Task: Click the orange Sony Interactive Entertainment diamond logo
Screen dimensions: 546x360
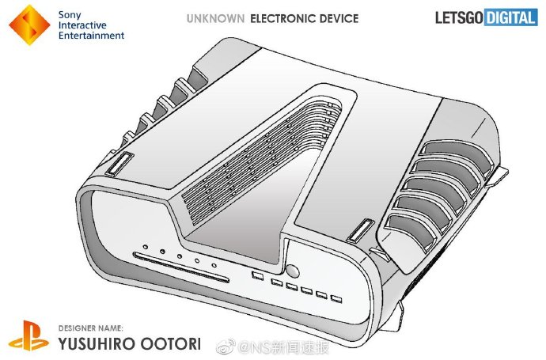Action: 29,25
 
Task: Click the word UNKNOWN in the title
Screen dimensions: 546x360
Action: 215,18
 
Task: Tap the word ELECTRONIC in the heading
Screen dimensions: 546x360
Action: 279,18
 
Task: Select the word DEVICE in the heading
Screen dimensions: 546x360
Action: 336,18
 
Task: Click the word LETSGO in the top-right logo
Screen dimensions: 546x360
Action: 459,17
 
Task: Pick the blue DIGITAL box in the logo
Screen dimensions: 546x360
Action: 510,17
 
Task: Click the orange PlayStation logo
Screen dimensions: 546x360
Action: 28,335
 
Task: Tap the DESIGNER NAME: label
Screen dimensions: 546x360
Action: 90,328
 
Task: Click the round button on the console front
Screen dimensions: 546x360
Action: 293,271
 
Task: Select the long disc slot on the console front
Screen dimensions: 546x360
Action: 181,267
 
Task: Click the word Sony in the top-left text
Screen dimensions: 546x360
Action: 70,15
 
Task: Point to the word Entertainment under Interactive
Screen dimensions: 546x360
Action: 91,36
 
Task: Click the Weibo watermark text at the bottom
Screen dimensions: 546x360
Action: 273,347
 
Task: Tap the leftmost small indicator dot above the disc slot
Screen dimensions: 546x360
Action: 146,247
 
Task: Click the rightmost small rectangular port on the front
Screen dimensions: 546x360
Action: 336,299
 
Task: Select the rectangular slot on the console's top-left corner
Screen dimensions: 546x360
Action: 119,163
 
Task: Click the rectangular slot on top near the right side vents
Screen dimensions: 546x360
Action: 361,230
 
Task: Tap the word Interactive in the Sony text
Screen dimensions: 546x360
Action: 82,25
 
